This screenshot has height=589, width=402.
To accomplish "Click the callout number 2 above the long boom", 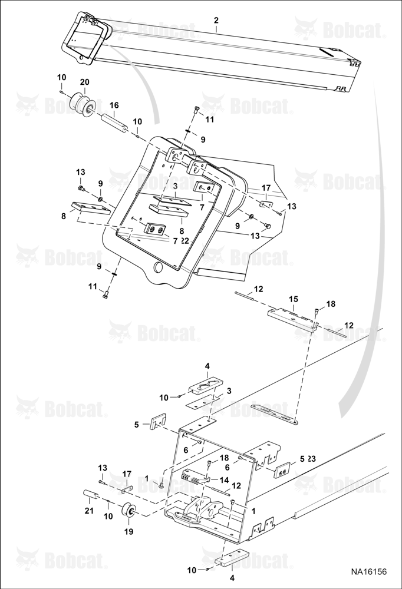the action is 216,20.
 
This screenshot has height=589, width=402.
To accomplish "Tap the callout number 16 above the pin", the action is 114,105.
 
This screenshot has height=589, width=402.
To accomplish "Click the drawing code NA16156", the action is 368,572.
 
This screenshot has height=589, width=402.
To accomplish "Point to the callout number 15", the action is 294,299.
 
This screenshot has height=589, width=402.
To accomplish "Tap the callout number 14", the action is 225,479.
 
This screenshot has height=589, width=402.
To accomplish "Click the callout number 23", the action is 312,459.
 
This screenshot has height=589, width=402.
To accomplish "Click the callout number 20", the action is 85,82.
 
